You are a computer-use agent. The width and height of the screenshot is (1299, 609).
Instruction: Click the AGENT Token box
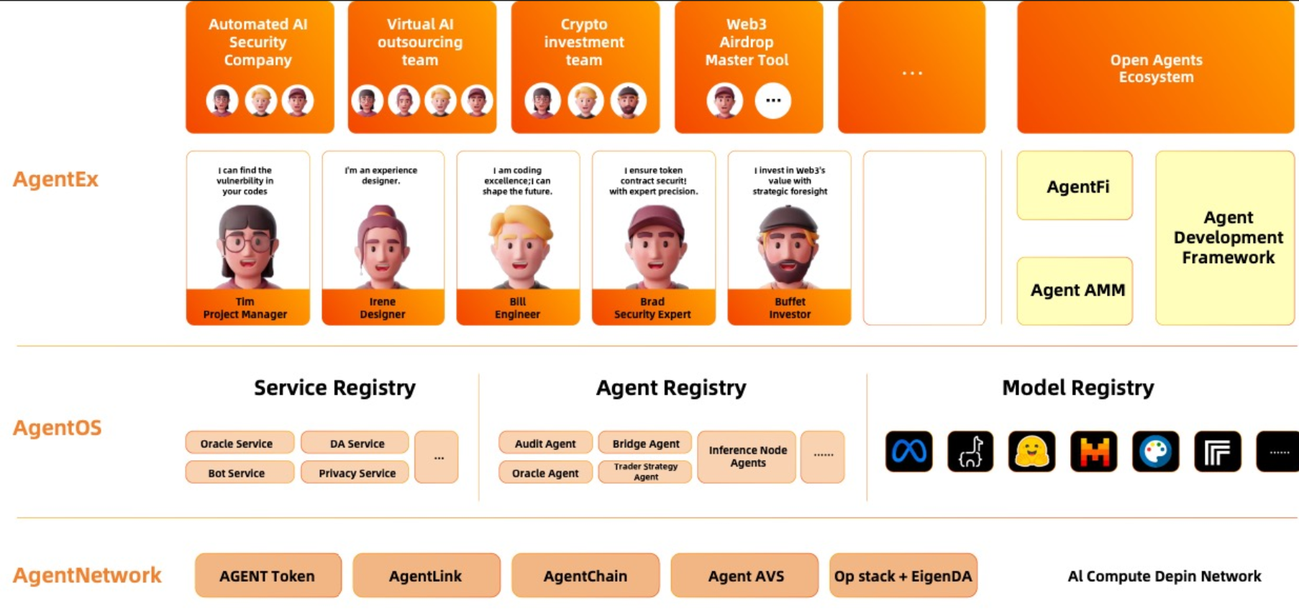268,575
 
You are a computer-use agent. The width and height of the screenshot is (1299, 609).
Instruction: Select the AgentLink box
426,575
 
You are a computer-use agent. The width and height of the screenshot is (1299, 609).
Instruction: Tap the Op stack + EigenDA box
903,575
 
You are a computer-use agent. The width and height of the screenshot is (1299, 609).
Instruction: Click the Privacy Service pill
357,472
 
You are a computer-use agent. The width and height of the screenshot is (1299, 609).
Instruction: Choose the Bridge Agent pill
645,443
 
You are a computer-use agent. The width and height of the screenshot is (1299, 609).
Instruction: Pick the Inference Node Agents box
747,457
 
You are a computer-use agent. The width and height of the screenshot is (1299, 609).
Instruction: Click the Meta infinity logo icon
908,452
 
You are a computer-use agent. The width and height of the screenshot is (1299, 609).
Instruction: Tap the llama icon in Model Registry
970,452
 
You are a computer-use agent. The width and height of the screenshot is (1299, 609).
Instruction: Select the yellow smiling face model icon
1031,452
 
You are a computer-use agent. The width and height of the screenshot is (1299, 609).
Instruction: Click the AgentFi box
1075,186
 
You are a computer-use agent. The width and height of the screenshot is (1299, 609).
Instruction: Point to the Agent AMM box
1075,290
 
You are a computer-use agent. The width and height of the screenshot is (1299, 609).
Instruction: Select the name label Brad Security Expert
652,308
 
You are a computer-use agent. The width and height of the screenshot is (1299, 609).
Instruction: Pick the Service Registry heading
334,388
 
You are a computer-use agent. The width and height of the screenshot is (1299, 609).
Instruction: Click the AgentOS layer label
58,428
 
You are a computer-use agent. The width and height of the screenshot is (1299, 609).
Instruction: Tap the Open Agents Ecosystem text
1156,68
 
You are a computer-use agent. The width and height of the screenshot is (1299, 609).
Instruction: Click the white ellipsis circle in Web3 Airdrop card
772,101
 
